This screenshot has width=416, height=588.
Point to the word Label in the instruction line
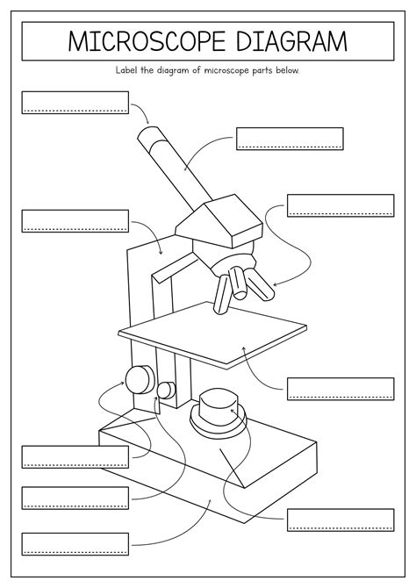tap(126, 70)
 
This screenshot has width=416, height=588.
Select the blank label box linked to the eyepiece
tap(75, 102)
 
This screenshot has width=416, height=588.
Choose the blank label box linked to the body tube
tap(290, 139)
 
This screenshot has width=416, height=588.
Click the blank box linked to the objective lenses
tap(341, 205)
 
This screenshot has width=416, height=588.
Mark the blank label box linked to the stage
tap(341, 389)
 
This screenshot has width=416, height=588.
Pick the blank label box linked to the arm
tap(75, 220)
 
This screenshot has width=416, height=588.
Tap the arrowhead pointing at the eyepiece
tap(147, 121)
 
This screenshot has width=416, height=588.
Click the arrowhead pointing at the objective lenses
tap(276, 283)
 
